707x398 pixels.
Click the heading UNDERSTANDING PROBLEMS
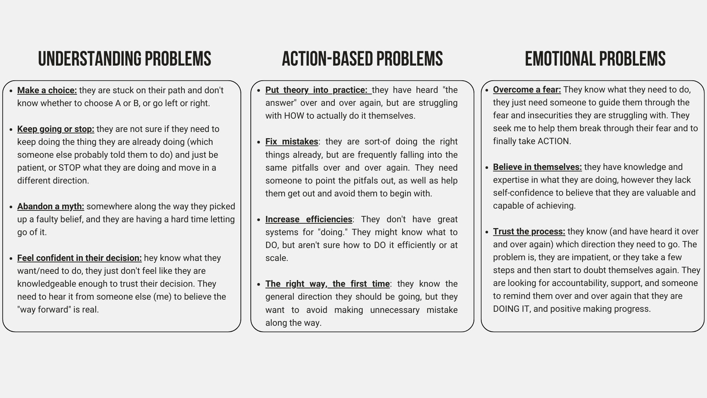pos(124,59)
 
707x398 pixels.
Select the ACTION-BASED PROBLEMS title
pos(362,59)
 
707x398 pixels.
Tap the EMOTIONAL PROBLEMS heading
pos(595,59)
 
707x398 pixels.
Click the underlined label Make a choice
pos(47,90)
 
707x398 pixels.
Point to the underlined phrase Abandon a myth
pos(50,206)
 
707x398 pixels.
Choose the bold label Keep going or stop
pos(56,129)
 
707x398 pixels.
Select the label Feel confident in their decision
pos(79,258)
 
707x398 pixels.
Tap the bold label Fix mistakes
pos(292,142)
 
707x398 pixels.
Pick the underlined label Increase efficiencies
pos(309,219)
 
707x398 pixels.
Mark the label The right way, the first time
pos(327,284)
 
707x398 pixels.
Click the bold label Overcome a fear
pos(527,90)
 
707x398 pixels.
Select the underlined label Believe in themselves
pos(537,167)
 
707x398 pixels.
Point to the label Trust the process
pos(529,231)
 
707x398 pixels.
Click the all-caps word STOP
pos(70,168)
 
